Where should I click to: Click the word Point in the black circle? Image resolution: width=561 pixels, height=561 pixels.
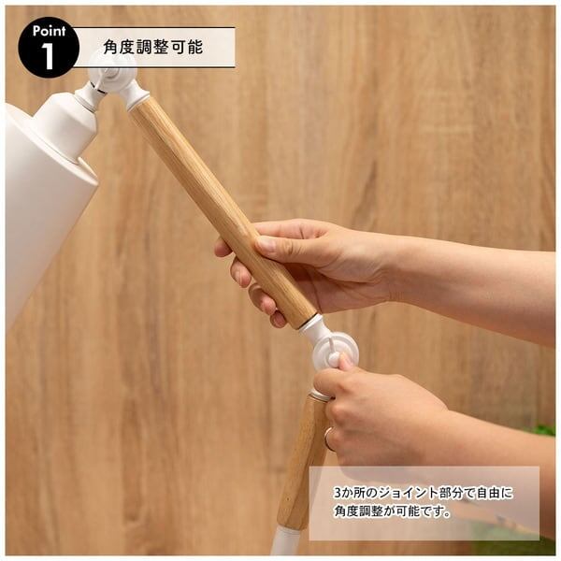(x=49, y=32)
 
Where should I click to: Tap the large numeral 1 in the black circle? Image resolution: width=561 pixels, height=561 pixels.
(x=48, y=56)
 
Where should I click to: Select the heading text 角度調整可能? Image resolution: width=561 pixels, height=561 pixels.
(x=153, y=47)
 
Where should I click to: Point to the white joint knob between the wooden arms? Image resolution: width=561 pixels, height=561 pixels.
(x=336, y=352)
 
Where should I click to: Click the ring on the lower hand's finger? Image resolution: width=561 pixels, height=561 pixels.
(x=328, y=438)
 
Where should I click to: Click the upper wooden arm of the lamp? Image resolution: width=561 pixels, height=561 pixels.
(x=222, y=211)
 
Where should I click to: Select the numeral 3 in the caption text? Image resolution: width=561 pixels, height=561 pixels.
(x=338, y=494)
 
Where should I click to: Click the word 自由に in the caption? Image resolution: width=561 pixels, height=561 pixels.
(x=496, y=493)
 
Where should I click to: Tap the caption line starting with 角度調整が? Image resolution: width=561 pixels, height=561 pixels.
(x=393, y=511)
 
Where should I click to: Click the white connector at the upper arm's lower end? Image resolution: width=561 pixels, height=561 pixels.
(x=312, y=326)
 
